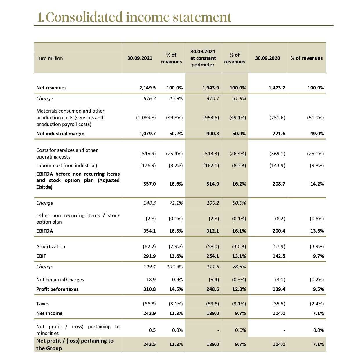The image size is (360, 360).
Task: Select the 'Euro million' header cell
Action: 50,58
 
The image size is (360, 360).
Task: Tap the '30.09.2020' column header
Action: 267,58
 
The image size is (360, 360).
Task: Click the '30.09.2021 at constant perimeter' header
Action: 203,58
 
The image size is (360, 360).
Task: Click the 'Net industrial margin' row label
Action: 60,134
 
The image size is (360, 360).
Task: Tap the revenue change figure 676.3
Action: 150,98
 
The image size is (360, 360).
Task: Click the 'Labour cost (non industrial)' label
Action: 67,165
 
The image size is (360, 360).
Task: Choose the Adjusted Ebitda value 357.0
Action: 150,184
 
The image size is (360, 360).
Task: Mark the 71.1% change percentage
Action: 176,203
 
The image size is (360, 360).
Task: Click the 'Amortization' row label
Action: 51,246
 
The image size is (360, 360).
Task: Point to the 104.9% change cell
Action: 175,267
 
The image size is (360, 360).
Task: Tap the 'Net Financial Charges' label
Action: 60,280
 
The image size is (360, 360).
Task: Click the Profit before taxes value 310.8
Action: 150,289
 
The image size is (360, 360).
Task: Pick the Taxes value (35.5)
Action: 278,304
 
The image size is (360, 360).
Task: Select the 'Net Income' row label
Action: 49,313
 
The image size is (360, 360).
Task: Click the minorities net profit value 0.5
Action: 152,330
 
